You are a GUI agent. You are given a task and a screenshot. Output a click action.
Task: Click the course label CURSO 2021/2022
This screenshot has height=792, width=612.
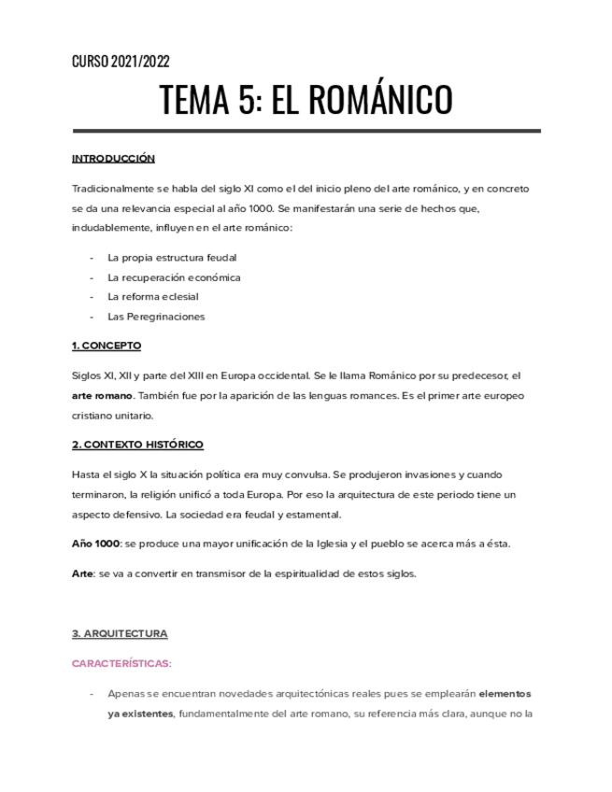pos(121,62)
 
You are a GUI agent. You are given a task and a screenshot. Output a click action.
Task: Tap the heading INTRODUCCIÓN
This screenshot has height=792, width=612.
pos(113,159)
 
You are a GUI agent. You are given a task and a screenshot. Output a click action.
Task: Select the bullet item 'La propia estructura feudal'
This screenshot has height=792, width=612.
pos(172,257)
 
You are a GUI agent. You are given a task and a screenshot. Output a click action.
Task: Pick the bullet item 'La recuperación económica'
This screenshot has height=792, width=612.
pos(174,277)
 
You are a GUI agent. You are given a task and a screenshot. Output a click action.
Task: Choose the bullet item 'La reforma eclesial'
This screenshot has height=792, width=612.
pos(153,297)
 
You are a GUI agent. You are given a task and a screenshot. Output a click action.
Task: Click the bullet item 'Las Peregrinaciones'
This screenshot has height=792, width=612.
pos(156,317)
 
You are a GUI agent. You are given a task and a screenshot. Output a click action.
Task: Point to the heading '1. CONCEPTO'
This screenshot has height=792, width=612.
pos(107,346)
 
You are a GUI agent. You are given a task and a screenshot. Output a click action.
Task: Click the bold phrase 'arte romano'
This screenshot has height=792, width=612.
pos(102,396)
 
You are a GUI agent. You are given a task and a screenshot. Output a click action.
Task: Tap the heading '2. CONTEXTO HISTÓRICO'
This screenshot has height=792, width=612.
pos(137,445)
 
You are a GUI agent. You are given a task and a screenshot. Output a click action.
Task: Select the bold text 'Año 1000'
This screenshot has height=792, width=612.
pos(95,544)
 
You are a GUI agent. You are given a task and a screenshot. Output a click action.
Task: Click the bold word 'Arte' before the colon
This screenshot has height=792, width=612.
pos(82,573)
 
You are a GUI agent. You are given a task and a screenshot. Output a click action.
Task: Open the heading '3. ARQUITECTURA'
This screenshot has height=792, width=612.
pos(120,633)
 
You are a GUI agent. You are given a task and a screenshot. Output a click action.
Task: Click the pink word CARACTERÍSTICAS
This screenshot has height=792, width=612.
pos(121,663)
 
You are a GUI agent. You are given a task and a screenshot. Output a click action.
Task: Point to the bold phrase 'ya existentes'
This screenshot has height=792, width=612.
pos(140,714)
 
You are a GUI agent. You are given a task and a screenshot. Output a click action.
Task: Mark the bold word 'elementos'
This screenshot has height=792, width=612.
pos(505,695)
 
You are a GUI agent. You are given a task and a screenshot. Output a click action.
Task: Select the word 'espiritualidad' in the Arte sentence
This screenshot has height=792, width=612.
pos(319,573)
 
